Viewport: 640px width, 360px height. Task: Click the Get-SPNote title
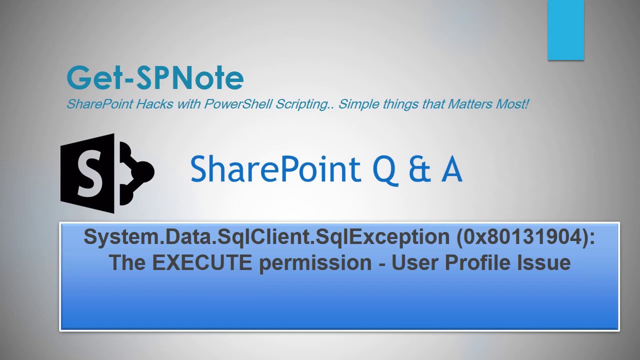(155, 78)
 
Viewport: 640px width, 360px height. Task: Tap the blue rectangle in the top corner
(565, 30)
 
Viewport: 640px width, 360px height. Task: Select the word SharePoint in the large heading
(275, 168)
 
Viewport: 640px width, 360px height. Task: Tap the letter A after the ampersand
(451, 169)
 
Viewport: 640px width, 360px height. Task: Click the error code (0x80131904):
(525, 236)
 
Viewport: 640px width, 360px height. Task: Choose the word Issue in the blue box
(547, 262)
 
